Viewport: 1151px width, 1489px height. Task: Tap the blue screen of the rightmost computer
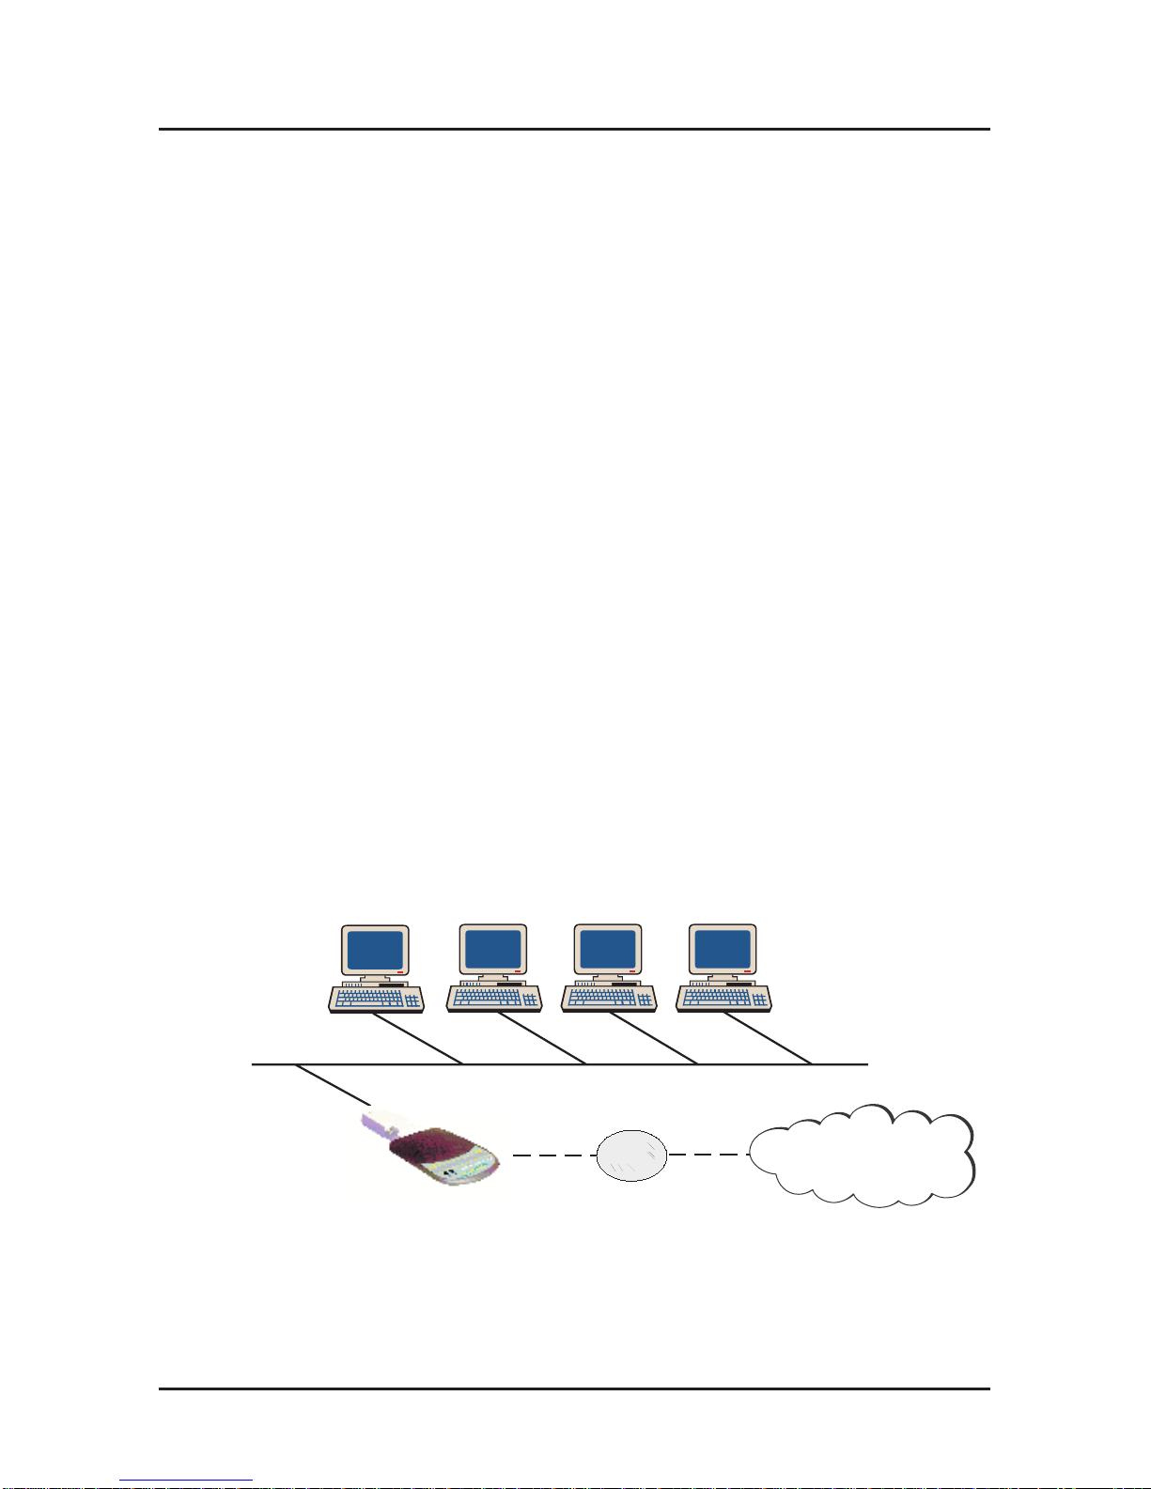(x=723, y=951)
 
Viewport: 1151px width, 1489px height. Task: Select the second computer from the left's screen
(x=493, y=951)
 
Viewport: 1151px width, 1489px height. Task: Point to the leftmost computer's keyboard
(x=376, y=998)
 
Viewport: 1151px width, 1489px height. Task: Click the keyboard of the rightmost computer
(x=723, y=998)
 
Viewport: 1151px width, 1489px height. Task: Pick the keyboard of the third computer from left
(x=609, y=998)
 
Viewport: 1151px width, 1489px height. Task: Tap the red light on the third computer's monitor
(x=632, y=970)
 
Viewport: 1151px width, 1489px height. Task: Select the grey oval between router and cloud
(x=631, y=1156)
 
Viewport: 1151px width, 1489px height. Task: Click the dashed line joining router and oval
(x=554, y=1156)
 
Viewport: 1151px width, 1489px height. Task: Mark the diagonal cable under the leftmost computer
(x=418, y=1039)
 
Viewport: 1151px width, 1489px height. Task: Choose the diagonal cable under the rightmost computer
(x=767, y=1039)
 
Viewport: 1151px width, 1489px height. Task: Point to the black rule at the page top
(x=574, y=129)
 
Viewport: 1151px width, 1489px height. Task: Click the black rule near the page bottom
(x=574, y=1388)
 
